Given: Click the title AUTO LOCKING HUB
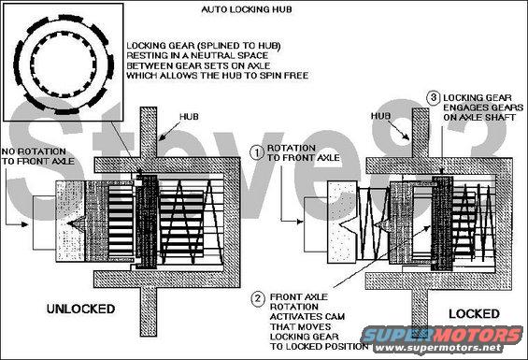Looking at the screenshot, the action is pos(246,9).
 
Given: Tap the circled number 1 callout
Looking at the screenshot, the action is pos(257,152).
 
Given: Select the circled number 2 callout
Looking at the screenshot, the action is pos(258,299).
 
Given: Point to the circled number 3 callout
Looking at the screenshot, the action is pos(434,98).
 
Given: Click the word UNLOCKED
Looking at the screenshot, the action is pos(80,309).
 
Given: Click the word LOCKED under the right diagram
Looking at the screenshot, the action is pos(474,314).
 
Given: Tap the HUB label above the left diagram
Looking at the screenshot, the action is pos(189,117).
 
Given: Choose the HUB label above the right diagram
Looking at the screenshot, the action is pos(380,116).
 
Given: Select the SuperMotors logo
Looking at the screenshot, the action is pos(442,335).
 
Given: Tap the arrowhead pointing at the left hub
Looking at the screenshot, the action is pos(162,137).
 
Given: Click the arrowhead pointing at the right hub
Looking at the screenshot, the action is pos(407,137).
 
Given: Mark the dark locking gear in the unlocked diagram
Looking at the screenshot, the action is pos(147,222).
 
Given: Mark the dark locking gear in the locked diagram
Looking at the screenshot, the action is pos(442,223).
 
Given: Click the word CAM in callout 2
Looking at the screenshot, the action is pos(335,317).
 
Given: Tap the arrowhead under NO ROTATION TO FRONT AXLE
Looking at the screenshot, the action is pos(24,224).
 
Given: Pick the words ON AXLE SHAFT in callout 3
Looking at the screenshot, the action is pos(479,117).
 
